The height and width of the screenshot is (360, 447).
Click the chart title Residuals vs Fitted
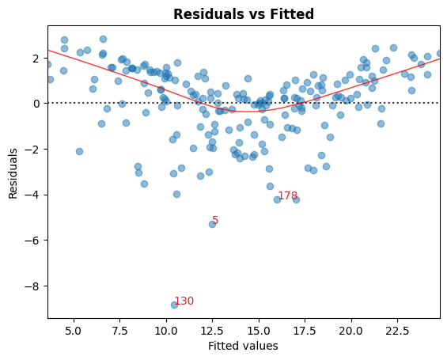(244, 14)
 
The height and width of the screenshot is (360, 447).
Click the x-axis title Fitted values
(243, 346)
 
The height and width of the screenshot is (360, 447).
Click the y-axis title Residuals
(13, 172)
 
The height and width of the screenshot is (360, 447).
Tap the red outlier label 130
(184, 301)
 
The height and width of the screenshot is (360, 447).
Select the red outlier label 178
(287, 195)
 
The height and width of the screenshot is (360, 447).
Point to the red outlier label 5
(215, 221)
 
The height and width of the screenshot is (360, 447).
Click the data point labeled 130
(174, 305)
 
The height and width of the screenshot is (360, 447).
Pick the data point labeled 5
(212, 224)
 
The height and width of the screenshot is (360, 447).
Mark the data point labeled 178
(277, 199)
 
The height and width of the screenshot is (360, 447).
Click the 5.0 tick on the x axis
(74, 330)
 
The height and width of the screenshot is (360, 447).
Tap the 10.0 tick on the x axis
(166, 330)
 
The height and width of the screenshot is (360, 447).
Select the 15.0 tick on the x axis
(259, 330)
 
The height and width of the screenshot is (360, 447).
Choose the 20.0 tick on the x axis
(351, 330)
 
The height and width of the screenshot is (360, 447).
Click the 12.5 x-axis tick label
(212, 330)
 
